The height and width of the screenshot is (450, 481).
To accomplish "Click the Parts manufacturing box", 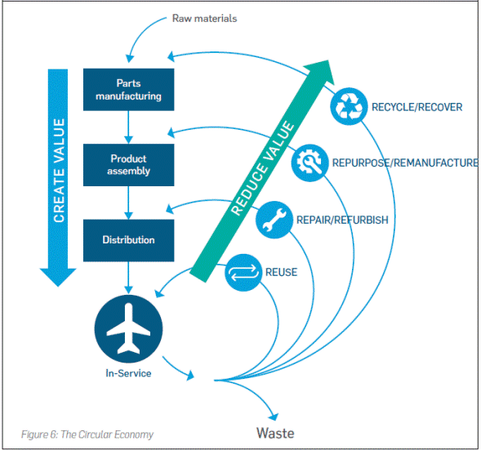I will (128, 89).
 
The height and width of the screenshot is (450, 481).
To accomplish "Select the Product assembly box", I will (128, 165).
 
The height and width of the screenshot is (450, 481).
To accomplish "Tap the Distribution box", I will (128, 240).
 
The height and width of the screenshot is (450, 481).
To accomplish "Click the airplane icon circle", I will (127, 329).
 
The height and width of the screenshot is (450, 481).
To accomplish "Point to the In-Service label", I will (127, 373).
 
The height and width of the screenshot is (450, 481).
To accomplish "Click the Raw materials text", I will (204, 18).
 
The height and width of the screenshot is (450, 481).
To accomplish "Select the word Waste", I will (275, 433).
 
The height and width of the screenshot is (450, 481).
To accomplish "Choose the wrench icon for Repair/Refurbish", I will (274, 220).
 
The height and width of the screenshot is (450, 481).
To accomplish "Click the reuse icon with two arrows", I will (243, 272).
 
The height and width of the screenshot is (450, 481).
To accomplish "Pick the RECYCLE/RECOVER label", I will (416, 107).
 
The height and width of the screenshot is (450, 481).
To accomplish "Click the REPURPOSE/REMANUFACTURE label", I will (404, 163).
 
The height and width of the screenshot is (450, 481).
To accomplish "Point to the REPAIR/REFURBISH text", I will (341, 220).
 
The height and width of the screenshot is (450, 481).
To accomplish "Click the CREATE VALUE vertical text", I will (59, 167).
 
